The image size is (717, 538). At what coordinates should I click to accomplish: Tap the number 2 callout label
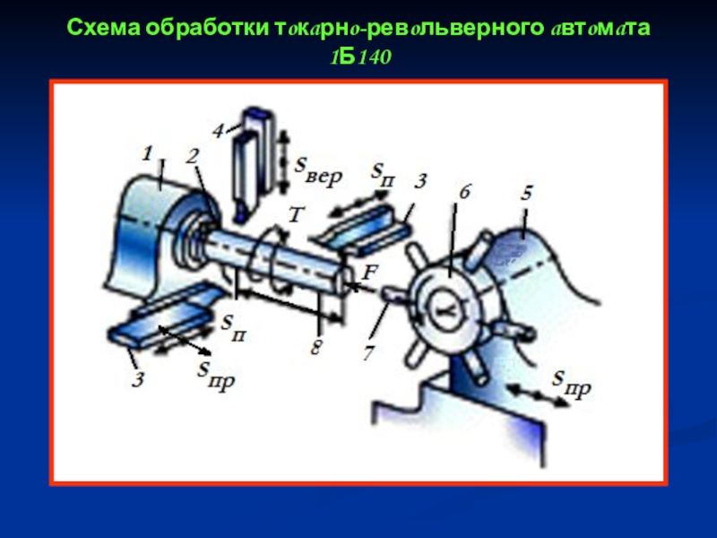point(193,156)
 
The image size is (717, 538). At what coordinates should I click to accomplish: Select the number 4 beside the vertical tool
point(219,131)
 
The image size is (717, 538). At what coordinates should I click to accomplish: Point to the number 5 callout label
point(526,193)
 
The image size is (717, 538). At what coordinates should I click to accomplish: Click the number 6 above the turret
point(464,192)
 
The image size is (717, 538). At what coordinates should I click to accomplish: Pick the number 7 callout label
point(368,352)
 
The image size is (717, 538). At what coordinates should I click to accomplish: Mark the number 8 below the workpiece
point(316,347)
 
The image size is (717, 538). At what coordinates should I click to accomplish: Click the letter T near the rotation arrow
point(297,214)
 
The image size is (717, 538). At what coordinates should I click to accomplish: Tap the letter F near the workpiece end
point(369,273)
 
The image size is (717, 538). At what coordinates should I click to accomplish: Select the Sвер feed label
point(318,170)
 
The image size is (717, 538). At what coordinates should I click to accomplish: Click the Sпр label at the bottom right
point(571,383)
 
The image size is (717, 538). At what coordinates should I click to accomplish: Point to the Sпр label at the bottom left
point(216,373)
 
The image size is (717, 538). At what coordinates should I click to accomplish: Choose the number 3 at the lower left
point(138,379)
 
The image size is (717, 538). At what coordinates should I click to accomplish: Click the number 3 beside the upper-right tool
point(420,181)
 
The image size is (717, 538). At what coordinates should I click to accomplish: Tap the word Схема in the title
point(104,28)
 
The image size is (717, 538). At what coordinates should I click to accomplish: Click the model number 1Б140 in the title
point(361,57)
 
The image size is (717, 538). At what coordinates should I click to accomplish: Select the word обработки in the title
point(208,28)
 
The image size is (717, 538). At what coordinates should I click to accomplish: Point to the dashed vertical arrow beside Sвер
point(284,161)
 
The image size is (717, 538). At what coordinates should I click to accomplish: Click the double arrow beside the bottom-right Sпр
point(537,395)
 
